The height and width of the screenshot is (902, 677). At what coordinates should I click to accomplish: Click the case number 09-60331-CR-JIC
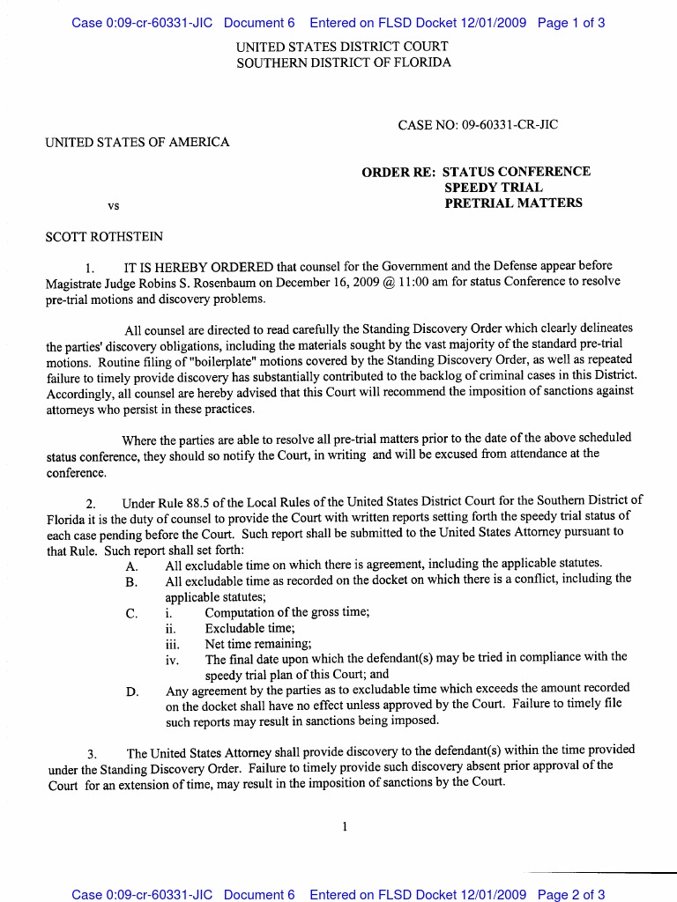pyautogui.click(x=503, y=125)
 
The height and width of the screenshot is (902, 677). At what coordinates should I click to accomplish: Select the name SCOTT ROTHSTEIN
pyautogui.click(x=104, y=237)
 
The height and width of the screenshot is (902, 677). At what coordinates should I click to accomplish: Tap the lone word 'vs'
pyautogui.click(x=113, y=206)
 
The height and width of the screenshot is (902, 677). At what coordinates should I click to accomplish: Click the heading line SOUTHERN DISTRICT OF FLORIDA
pyautogui.click(x=344, y=63)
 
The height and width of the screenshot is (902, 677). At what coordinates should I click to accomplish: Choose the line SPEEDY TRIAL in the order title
pyautogui.click(x=494, y=188)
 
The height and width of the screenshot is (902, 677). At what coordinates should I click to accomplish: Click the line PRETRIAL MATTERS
pyautogui.click(x=513, y=203)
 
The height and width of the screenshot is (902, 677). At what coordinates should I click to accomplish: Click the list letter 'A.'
pyautogui.click(x=132, y=564)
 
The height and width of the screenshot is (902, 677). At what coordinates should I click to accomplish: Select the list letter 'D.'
pyautogui.click(x=132, y=691)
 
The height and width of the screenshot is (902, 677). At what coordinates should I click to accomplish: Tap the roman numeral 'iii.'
pyautogui.click(x=172, y=644)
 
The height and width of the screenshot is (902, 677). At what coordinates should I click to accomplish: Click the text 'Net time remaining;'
pyautogui.click(x=258, y=644)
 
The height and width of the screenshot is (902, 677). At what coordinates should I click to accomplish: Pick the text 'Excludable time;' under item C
pyautogui.click(x=250, y=628)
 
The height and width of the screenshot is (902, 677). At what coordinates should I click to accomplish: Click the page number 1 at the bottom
pyautogui.click(x=345, y=826)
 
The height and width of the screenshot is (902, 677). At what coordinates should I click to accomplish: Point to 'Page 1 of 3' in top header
pyautogui.click(x=570, y=23)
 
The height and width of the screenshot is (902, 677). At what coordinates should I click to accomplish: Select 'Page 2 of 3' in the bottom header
pyautogui.click(x=570, y=894)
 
